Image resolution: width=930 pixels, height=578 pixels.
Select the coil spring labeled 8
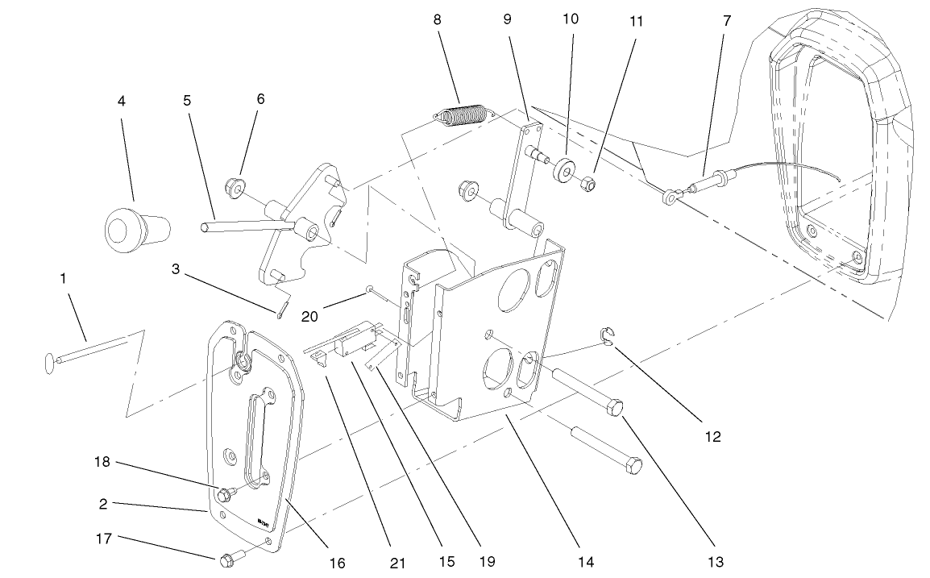pyautogui.click(x=463, y=116)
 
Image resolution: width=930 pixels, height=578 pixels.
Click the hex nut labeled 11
pyautogui.click(x=589, y=185)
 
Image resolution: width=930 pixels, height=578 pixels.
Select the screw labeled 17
pyautogui.click(x=226, y=557)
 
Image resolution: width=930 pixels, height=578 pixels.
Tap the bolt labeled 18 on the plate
pyautogui.click(x=225, y=493)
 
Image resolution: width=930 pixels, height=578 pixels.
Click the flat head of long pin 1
pyautogui.click(x=49, y=362)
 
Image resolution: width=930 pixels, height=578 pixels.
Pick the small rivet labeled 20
pyautogui.click(x=369, y=288)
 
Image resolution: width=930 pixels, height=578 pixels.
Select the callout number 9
pyautogui.click(x=507, y=20)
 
